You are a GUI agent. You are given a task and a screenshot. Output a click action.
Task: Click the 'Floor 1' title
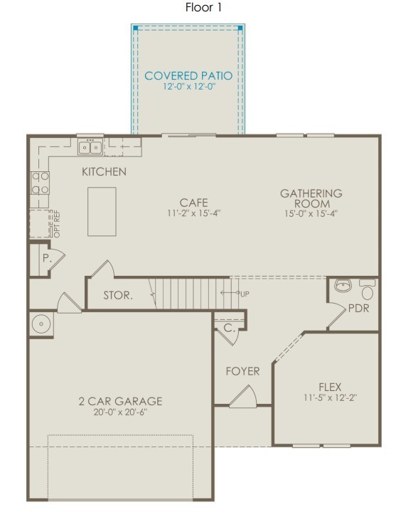(x=204, y=8)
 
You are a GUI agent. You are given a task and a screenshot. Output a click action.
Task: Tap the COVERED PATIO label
(x=188, y=75)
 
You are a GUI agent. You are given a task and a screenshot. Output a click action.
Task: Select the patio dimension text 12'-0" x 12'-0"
(x=188, y=87)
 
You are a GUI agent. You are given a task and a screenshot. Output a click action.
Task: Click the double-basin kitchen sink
(x=90, y=147)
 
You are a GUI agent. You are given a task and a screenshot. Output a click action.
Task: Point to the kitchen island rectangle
(x=102, y=211)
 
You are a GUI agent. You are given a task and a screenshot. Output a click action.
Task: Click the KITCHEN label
(x=104, y=171)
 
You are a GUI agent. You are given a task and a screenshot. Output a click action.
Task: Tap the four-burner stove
(x=40, y=183)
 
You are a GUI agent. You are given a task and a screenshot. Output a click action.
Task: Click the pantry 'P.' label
(x=46, y=259)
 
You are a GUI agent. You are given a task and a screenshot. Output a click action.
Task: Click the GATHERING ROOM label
(x=311, y=198)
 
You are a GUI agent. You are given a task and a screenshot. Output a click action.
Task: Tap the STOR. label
(x=117, y=295)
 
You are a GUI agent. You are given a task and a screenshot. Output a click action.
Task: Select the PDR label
(x=358, y=309)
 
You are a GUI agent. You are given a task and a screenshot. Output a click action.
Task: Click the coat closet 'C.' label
(x=229, y=328)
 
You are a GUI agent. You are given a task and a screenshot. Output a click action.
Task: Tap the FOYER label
(x=242, y=371)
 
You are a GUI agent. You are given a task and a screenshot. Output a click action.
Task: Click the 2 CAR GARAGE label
(x=120, y=401)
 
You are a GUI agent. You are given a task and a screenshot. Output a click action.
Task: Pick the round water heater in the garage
(x=42, y=325)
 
